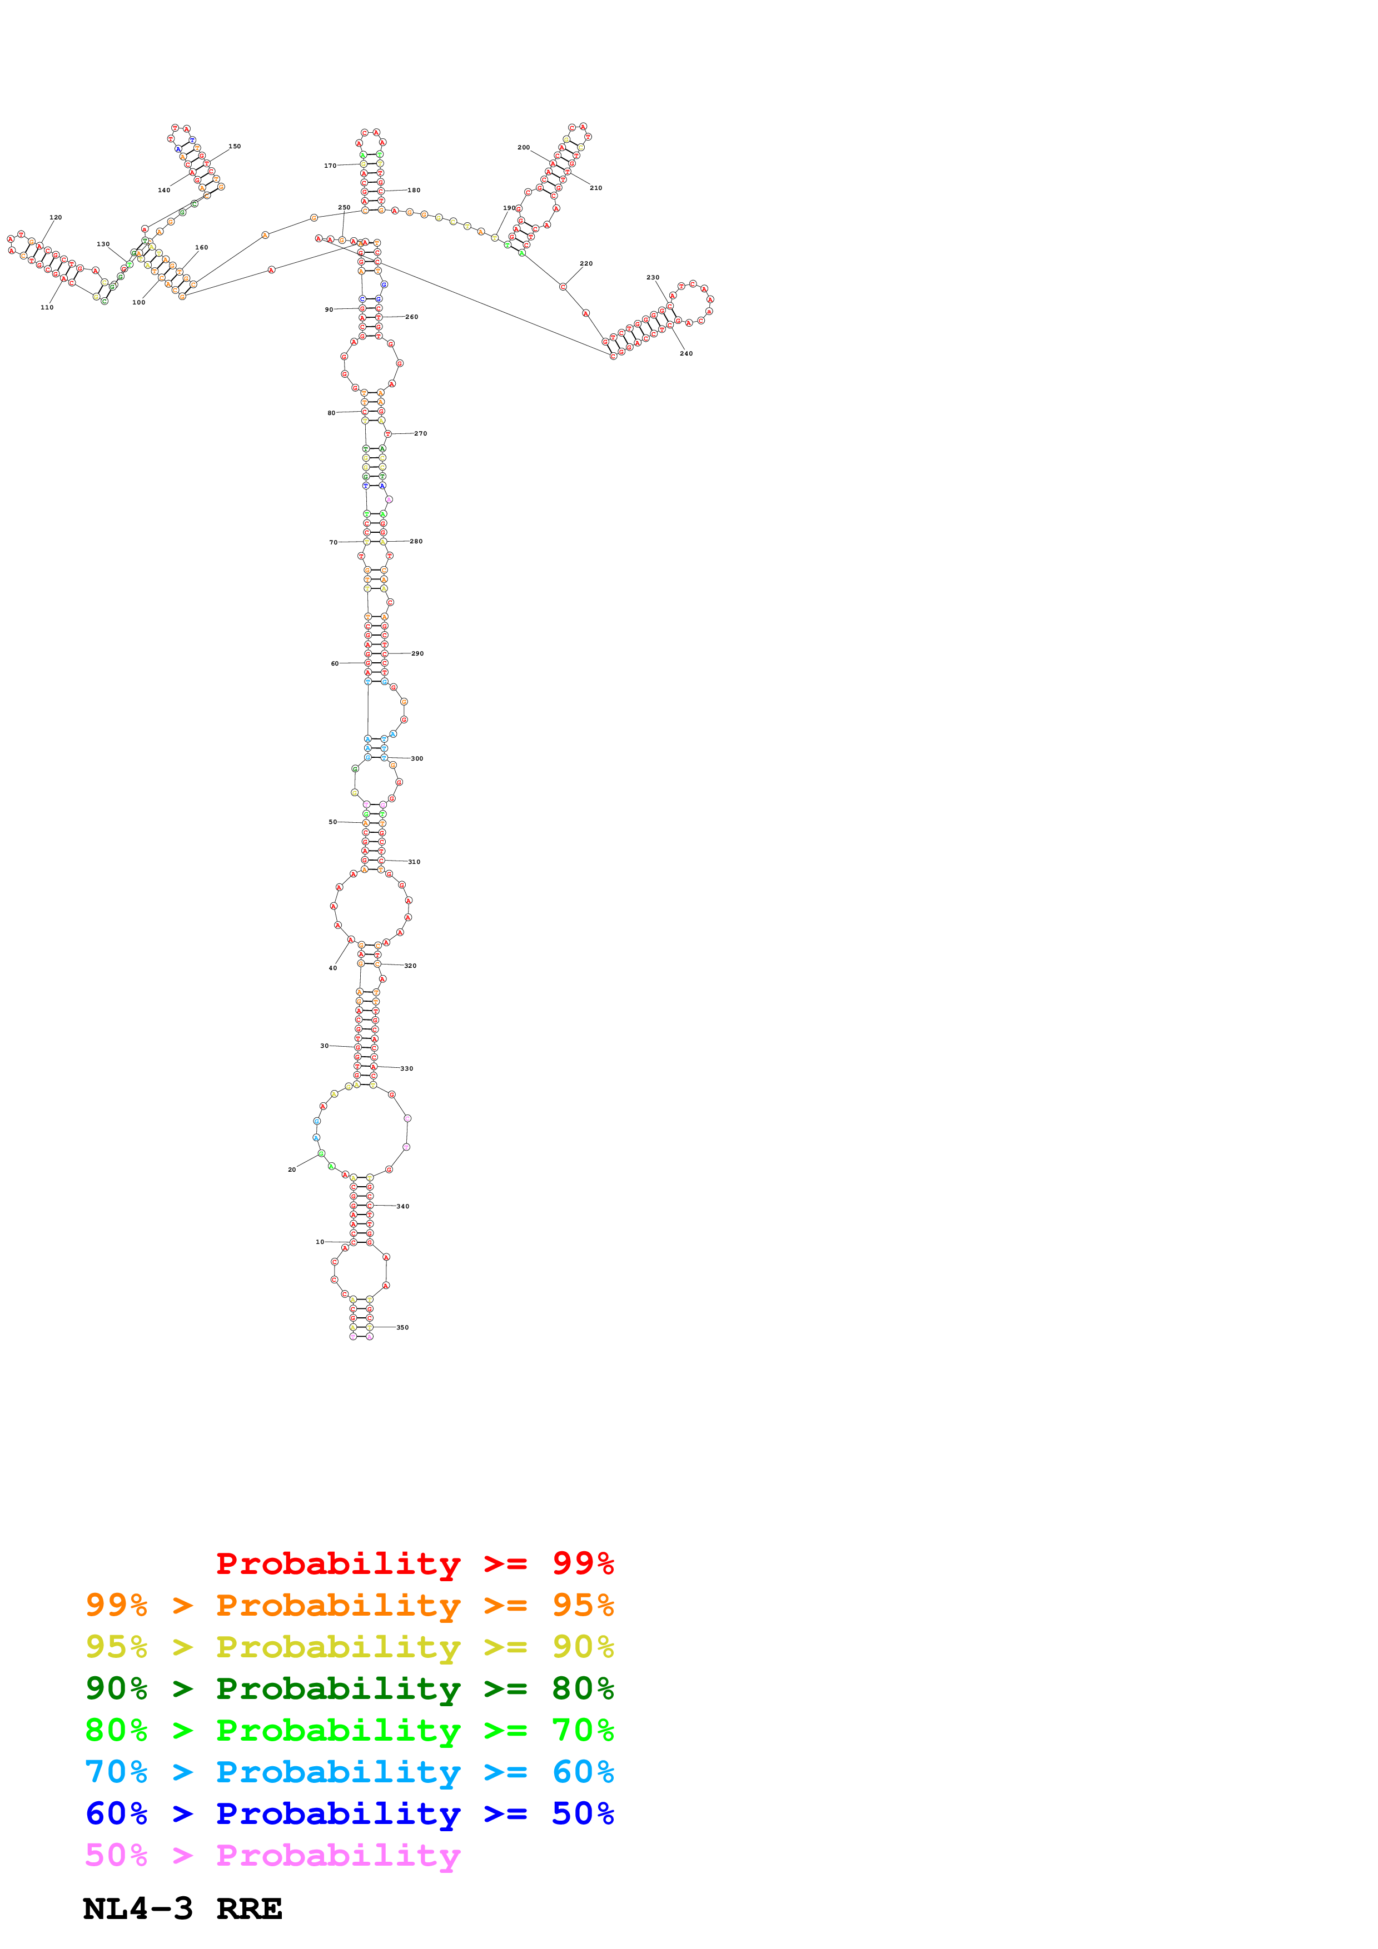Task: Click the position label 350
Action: point(402,1328)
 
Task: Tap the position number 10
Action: point(320,1242)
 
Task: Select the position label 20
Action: point(292,1170)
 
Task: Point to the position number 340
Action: point(402,1206)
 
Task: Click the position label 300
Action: point(417,759)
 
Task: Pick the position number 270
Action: point(420,434)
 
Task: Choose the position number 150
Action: point(235,146)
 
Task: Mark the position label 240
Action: point(686,353)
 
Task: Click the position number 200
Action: point(524,148)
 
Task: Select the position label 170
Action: point(330,166)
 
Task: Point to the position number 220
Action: point(586,264)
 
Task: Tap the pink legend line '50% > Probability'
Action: point(272,1856)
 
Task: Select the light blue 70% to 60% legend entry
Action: point(349,1772)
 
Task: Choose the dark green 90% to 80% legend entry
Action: point(349,1688)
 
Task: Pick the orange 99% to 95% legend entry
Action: point(349,1605)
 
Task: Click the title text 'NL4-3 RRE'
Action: point(182,1909)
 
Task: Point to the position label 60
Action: point(335,664)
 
